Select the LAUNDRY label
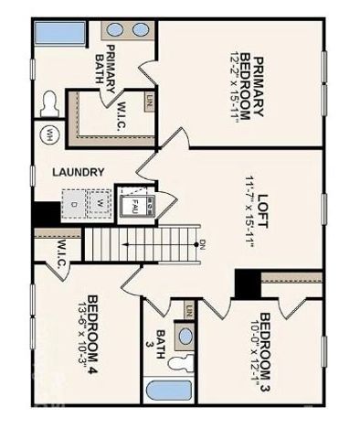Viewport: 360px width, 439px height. (78, 172)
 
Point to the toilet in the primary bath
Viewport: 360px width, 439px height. (50, 102)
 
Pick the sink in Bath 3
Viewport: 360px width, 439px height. (186, 337)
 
